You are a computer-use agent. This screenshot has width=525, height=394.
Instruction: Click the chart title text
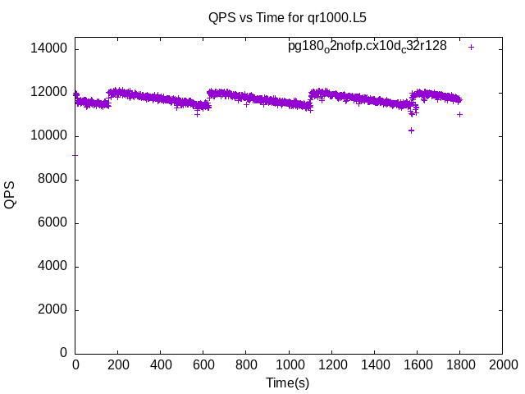point(287,16)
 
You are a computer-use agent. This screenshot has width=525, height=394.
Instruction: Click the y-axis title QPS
point(10,195)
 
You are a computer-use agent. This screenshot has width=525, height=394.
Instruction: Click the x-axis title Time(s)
point(287,383)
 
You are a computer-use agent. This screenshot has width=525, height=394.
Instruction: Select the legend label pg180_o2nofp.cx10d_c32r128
point(367,46)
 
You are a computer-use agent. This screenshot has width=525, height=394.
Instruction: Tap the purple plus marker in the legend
point(471,47)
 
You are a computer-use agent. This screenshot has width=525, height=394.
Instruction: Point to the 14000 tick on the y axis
point(48,49)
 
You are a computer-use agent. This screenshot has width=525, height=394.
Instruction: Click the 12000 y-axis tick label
point(48,93)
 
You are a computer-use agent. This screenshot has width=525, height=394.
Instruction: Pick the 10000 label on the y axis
point(48,136)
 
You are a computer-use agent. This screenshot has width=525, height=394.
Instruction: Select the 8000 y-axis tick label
point(51,180)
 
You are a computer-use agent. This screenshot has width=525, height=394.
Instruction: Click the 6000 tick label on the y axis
point(51,223)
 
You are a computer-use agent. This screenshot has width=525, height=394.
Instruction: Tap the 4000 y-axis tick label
point(51,267)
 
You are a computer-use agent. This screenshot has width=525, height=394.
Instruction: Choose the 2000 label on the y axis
point(51,310)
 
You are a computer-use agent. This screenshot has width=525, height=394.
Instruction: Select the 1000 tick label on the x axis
point(289,365)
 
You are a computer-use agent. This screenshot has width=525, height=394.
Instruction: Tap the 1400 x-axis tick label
point(374,365)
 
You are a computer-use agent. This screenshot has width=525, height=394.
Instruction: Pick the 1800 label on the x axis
point(459,365)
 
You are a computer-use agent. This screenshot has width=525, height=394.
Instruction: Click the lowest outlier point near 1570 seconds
point(411,130)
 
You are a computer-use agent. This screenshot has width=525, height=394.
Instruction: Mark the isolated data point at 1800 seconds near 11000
point(460,114)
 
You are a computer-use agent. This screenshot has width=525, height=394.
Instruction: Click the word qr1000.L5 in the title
point(336,16)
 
